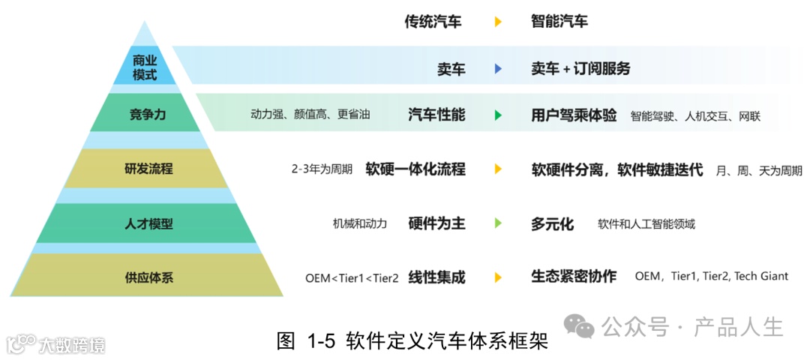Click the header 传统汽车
pyautogui.click(x=433, y=21)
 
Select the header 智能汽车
pyautogui.click(x=559, y=21)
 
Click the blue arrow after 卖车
pyautogui.click(x=497, y=69)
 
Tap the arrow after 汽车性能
pyautogui.click(x=497, y=115)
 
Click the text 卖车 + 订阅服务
pyautogui.click(x=580, y=69)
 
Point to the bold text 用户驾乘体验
pyautogui.click(x=574, y=115)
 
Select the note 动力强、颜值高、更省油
pyautogui.click(x=310, y=115)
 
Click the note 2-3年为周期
pyautogui.click(x=322, y=169)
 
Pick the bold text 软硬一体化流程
pyautogui.click(x=415, y=169)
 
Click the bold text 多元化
pyautogui.click(x=552, y=223)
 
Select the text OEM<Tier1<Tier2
pyautogui.click(x=352, y=277)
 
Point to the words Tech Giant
pyautogui.click(x=761, y=276)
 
